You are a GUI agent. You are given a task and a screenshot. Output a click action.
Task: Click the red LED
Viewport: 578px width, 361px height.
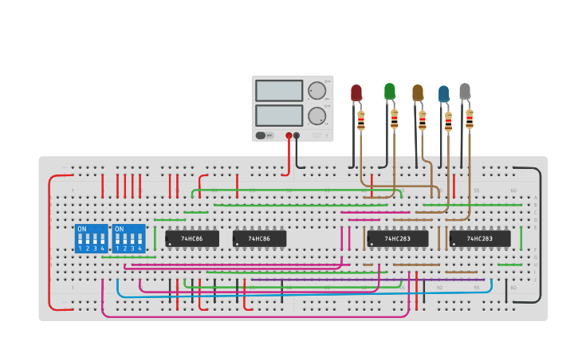tap(356, 93)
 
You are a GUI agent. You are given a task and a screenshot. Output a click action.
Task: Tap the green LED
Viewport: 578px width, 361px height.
tap(390, 92)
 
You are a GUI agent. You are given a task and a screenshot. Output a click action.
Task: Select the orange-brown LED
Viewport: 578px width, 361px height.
tap(418, 93)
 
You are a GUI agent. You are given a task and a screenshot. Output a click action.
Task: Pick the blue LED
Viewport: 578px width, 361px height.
tap(443, 94)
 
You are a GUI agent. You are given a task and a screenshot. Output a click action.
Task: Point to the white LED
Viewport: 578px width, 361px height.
tap(465, 92)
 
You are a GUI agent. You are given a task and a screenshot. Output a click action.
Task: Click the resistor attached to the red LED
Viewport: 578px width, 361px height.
tap(361, 120)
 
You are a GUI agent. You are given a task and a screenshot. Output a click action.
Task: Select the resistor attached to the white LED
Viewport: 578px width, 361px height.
tap(470, 120)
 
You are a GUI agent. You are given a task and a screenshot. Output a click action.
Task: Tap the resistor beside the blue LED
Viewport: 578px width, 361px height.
tap(448, 122)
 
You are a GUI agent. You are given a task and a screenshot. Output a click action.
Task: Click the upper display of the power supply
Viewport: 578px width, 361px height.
tap(279, 91)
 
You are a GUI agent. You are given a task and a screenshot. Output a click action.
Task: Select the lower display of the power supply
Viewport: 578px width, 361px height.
tap(279, 116)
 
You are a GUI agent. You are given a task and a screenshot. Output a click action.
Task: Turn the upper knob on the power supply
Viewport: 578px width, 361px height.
tap(317, 91)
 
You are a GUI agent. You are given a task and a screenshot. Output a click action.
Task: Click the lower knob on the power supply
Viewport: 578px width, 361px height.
tap(317, 116)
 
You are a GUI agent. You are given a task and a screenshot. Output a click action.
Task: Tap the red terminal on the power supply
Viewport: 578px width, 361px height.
tap(289, 135)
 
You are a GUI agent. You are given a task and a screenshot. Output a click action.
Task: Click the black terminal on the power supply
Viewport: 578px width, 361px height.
tap(297, 135)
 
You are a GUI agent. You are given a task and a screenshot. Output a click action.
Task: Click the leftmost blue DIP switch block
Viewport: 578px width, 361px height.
tap(91, 238)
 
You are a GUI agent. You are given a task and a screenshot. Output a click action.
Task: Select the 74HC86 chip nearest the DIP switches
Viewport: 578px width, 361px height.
tap(192, 238)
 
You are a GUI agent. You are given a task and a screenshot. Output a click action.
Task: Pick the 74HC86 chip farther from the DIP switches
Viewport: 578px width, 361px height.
tap(259, 238)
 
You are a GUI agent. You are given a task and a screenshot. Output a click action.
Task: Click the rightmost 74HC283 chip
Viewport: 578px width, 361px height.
tap(480, 238)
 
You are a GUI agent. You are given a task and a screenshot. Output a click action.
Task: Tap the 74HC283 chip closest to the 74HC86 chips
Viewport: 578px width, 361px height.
tap(398, 238)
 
